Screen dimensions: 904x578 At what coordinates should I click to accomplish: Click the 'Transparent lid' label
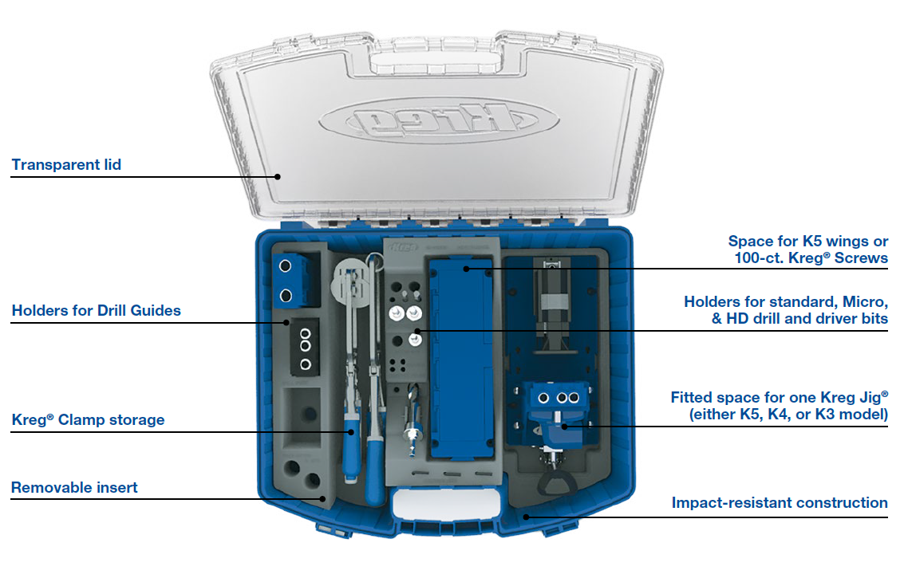point(66,165)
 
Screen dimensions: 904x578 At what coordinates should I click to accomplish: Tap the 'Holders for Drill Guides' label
point(96,311)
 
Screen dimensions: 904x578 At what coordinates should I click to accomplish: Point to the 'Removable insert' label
point(74,487)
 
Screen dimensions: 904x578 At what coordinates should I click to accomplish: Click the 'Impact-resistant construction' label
point(779,503)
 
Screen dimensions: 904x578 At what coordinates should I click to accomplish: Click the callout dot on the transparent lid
point(278,176)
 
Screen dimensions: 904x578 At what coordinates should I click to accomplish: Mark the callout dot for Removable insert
point(324,499)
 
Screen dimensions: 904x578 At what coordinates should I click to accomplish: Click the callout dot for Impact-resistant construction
point(525,516)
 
